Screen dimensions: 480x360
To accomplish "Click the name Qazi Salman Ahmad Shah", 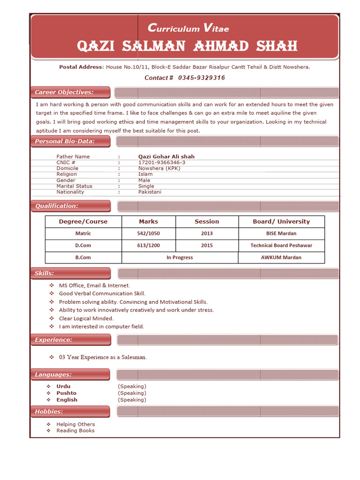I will (x=187, y=46).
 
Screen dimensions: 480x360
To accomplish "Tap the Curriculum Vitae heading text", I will (x=188, y=29).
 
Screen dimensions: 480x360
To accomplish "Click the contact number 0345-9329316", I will (x=201, y=78).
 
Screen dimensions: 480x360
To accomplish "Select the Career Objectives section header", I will (x=64, y=92).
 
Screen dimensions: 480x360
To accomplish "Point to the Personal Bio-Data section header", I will (x=65, y=141).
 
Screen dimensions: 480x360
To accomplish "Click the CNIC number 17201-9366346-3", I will (x=158, y=162).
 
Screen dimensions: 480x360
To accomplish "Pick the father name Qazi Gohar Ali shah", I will (x=166, y=157).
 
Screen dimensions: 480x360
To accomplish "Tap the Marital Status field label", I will (x=74, y=186).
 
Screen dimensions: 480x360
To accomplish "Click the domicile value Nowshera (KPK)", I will (x=159, y=168).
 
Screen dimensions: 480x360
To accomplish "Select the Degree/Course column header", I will (x=83, y=222).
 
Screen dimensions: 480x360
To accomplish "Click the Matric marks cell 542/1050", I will (x=148, y=233).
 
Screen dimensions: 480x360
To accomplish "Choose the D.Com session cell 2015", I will (x=207, y=246).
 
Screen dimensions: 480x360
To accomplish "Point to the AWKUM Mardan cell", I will (x=281, y=257).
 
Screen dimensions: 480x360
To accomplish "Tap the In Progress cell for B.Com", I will (x=180, y=257).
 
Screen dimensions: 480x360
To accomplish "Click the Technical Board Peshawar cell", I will (x=281, y=246).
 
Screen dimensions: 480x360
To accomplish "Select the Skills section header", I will (x=45, y=273).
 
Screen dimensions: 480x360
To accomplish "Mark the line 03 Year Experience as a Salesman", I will (x=103, y=357).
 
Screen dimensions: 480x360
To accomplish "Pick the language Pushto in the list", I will (x=66, y=393).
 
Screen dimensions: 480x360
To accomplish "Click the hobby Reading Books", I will (x=75, y=431).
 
